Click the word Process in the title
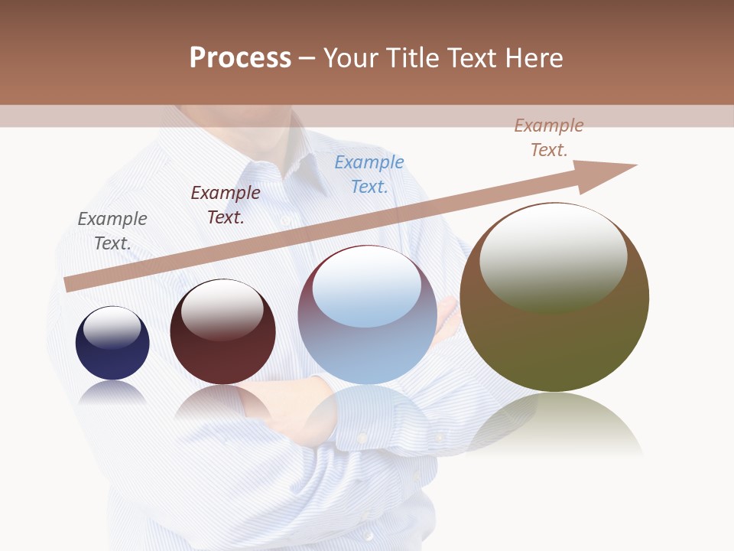(240, 58)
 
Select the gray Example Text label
(112, 231)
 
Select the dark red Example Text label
(226, 205)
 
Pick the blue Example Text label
(369, 174)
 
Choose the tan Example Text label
(549, 138)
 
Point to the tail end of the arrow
(70, 284)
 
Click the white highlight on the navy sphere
(112, 328)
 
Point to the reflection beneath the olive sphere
(555, 425)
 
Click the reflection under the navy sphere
(112, 393)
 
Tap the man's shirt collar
(306, 165)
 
